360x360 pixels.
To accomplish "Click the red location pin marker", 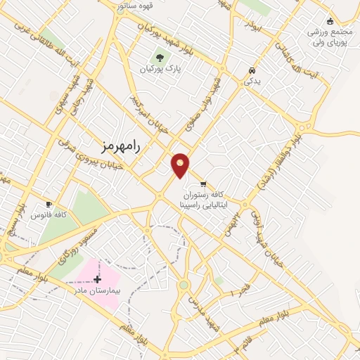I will [181, 165].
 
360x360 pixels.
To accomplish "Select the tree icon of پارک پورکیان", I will [160, 58].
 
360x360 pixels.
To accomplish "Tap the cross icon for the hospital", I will [97, 279].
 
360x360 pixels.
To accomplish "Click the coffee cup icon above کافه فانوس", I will [49, 204].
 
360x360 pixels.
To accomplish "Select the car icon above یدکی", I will [252, 71].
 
